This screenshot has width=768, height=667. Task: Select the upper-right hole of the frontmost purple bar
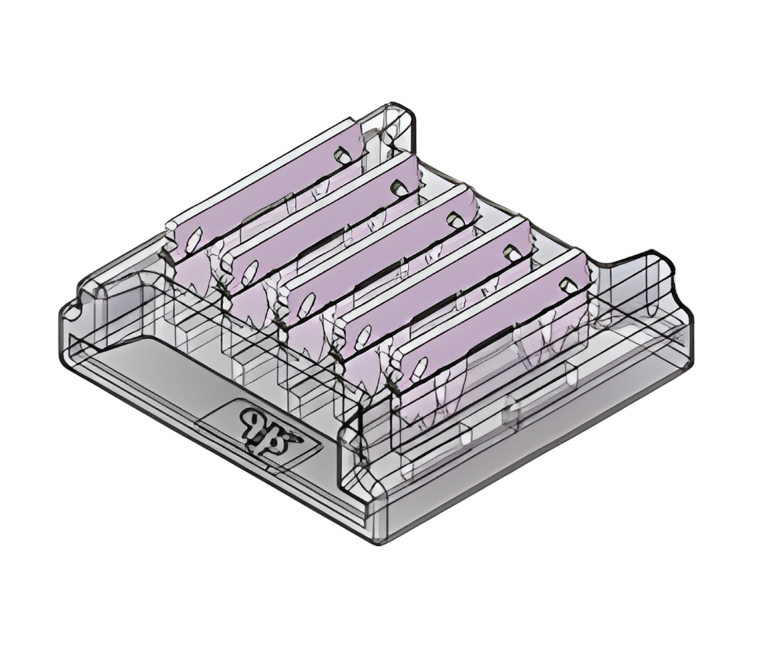point(566,283)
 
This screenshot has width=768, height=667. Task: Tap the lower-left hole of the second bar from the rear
point(249,272)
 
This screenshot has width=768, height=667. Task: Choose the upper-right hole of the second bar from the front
point(510,252)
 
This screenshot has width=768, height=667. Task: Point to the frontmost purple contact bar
point(493,324)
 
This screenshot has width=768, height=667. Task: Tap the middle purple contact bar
point(379,259)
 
